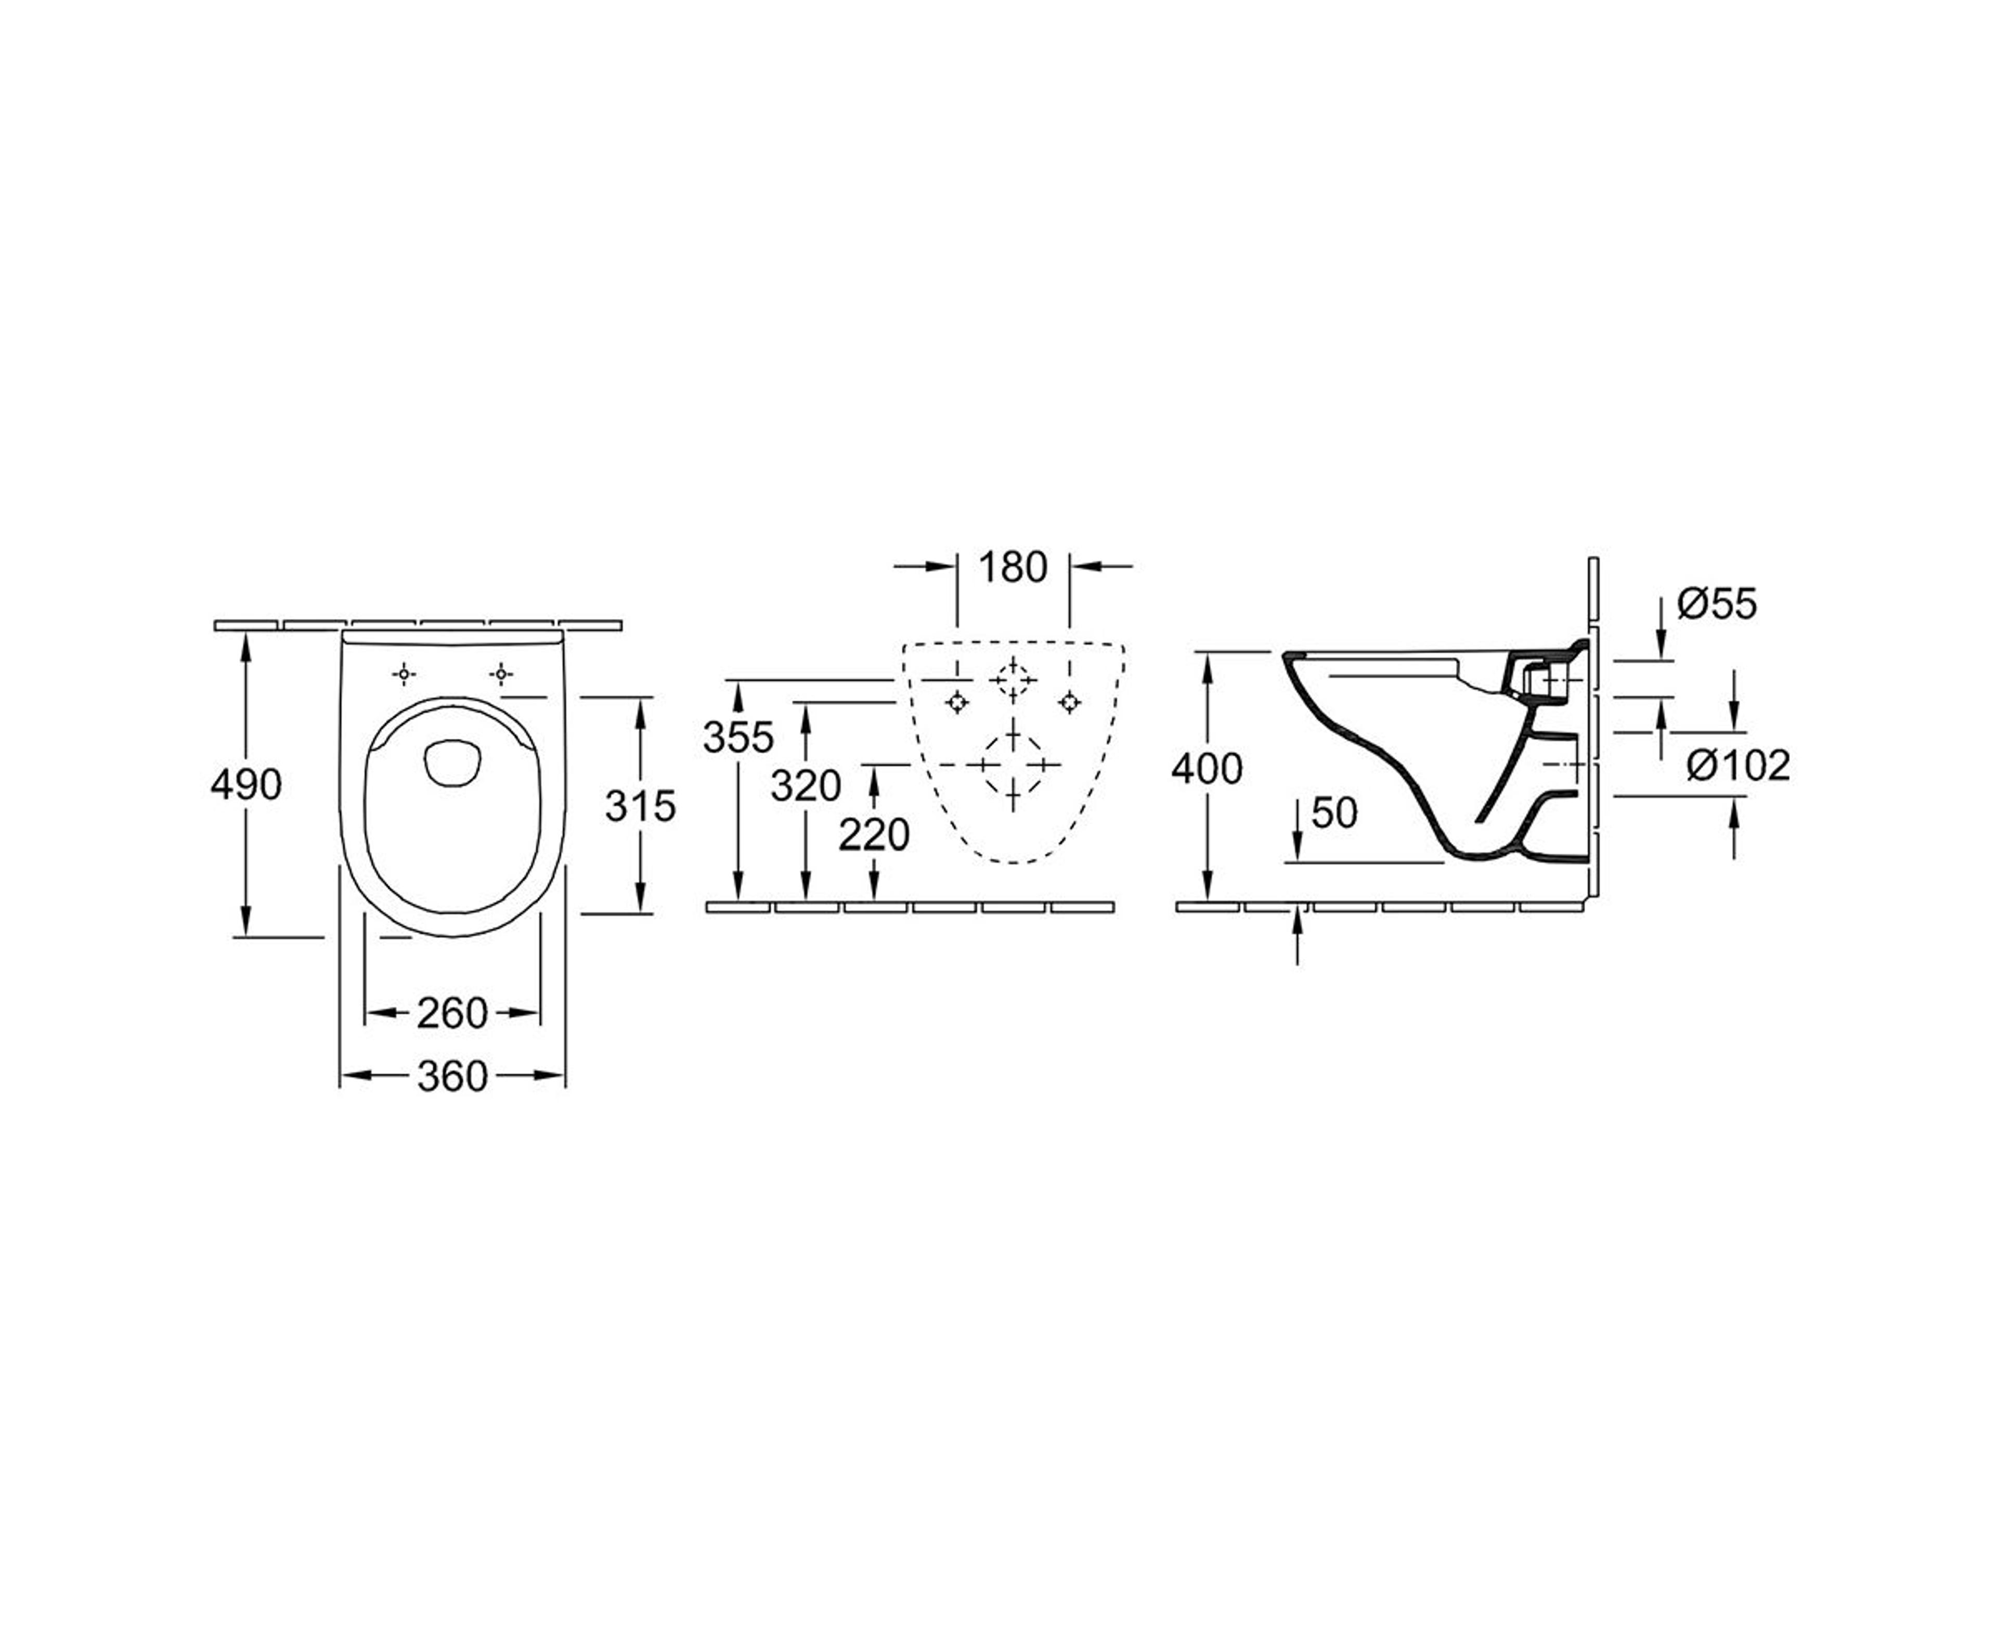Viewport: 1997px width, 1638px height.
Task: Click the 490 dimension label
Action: pos(246,784)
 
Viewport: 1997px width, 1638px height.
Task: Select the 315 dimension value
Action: pos(641,805)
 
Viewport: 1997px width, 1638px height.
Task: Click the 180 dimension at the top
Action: pos(1012,567)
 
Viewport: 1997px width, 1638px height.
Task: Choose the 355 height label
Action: pos(737,737)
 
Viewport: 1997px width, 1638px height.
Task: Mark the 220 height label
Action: pos(874,834)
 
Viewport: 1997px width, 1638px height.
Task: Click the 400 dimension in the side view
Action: pos(1207,769)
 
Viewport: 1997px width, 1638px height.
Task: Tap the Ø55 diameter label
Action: pos(1717,604)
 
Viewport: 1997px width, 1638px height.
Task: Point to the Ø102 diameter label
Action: pos(1737,765)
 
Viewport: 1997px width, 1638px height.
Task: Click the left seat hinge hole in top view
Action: pos(404,674)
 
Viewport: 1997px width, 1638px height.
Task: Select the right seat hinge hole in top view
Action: pos(501,674)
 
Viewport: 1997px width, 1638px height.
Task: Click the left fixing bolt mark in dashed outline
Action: pos(957,702)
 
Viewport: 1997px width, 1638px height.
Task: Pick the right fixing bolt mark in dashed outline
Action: pos(1069,702)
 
